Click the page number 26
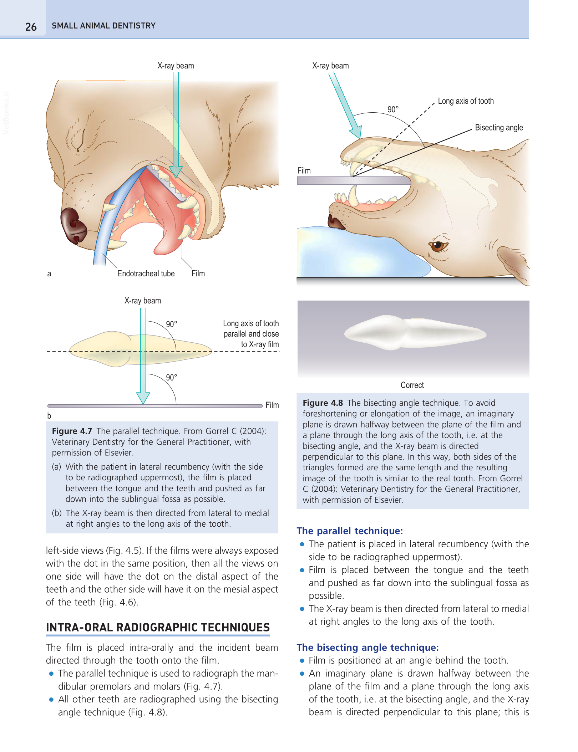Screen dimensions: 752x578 pyautogui.click(x=31, y=27)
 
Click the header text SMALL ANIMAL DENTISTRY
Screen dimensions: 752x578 pyautogui.click(x=103, y=26)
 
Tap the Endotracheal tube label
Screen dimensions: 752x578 pyautogui.click(x=146, y=273)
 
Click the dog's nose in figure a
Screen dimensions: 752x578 pyautogui.click(x=73, y=226)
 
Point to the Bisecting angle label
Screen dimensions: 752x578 pyautogui.click(x=499, y=128)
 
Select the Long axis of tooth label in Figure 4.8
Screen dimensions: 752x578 pyautogui.click(x=466, y=101)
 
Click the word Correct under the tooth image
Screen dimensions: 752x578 pyautogui.click(x=412, y=385)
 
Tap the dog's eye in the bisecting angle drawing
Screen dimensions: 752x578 pyautogui.click(x=437, y=245)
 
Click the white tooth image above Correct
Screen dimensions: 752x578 pyautogui.click(x=414, y=333)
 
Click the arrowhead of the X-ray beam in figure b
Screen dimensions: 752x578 pyautogui.click(x=143, y=398)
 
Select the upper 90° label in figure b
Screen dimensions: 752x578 pyautogui.click(x=172, y=324)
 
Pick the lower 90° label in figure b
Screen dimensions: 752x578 pyautogui.click(x=172, y=378)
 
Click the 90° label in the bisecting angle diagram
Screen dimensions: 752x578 pyautogui.click(x=393, y=109)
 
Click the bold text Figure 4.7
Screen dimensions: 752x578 pyautogui.click(x=72, y=431)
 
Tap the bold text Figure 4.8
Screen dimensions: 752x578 pyautogui.click(x=323, y=403)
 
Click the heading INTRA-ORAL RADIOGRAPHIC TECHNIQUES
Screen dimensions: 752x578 pyautogui.click(x=158, y=627)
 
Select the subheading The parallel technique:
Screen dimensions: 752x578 pyautogui.click(x=350, y=531)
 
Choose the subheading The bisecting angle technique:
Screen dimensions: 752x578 pyautogui.click(x=367, y=648)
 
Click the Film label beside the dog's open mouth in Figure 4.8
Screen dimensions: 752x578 pyautogui.click(x=304, y=170)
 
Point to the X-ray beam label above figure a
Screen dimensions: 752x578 pyautogui.click(x=176, y=66)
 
